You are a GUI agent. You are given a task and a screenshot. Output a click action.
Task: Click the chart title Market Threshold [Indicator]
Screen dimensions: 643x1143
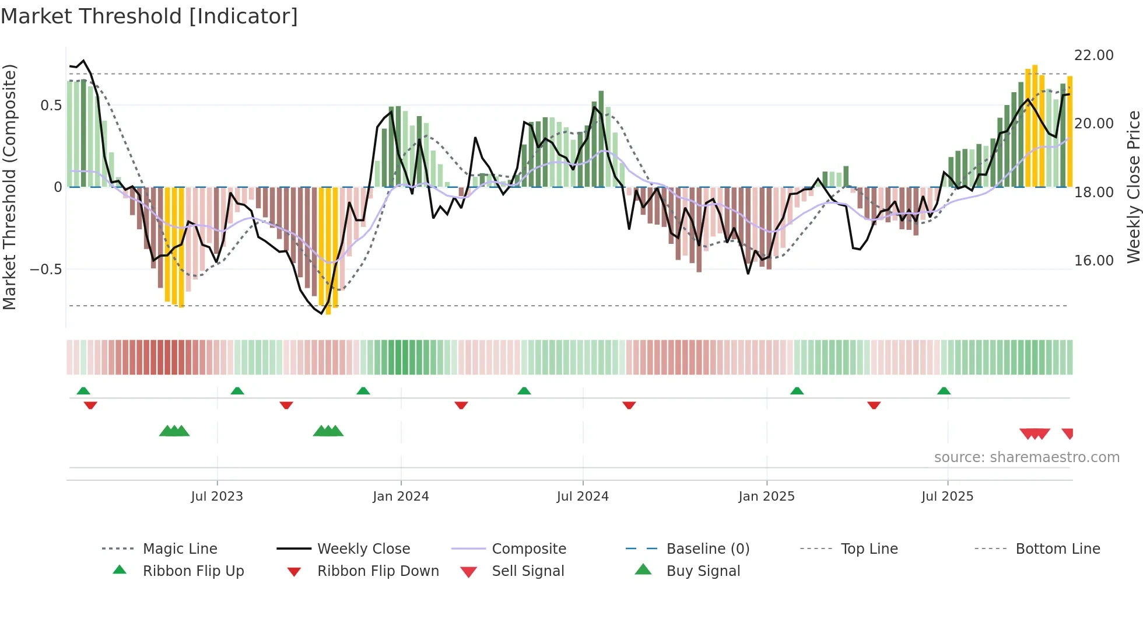[x=149, y=16]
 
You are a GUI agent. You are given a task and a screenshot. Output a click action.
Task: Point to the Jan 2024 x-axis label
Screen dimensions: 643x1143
[x=401, y=496]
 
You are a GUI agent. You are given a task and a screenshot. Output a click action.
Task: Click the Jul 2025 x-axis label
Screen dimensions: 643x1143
[x=947, y=496]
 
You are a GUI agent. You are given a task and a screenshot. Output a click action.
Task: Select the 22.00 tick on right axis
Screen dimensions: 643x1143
[x=1093, y=55]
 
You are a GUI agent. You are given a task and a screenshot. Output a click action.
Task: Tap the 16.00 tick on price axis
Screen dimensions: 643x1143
[x=1093, y=261]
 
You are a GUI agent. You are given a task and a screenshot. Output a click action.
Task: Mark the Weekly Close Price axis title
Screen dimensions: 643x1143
[x=1133, y=187]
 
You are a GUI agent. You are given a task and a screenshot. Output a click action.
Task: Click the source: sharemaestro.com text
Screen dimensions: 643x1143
[x=1026, y=457]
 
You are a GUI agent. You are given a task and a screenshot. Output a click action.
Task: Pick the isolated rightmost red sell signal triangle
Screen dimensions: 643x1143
[x=1068, y=434]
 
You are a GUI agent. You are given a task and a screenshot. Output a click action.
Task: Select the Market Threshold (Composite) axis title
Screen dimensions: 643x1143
[x=9, y=187]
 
